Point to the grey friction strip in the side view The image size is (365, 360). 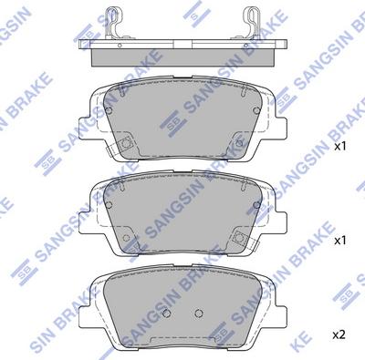coord(182,57)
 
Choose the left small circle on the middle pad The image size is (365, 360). coord(109,206)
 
